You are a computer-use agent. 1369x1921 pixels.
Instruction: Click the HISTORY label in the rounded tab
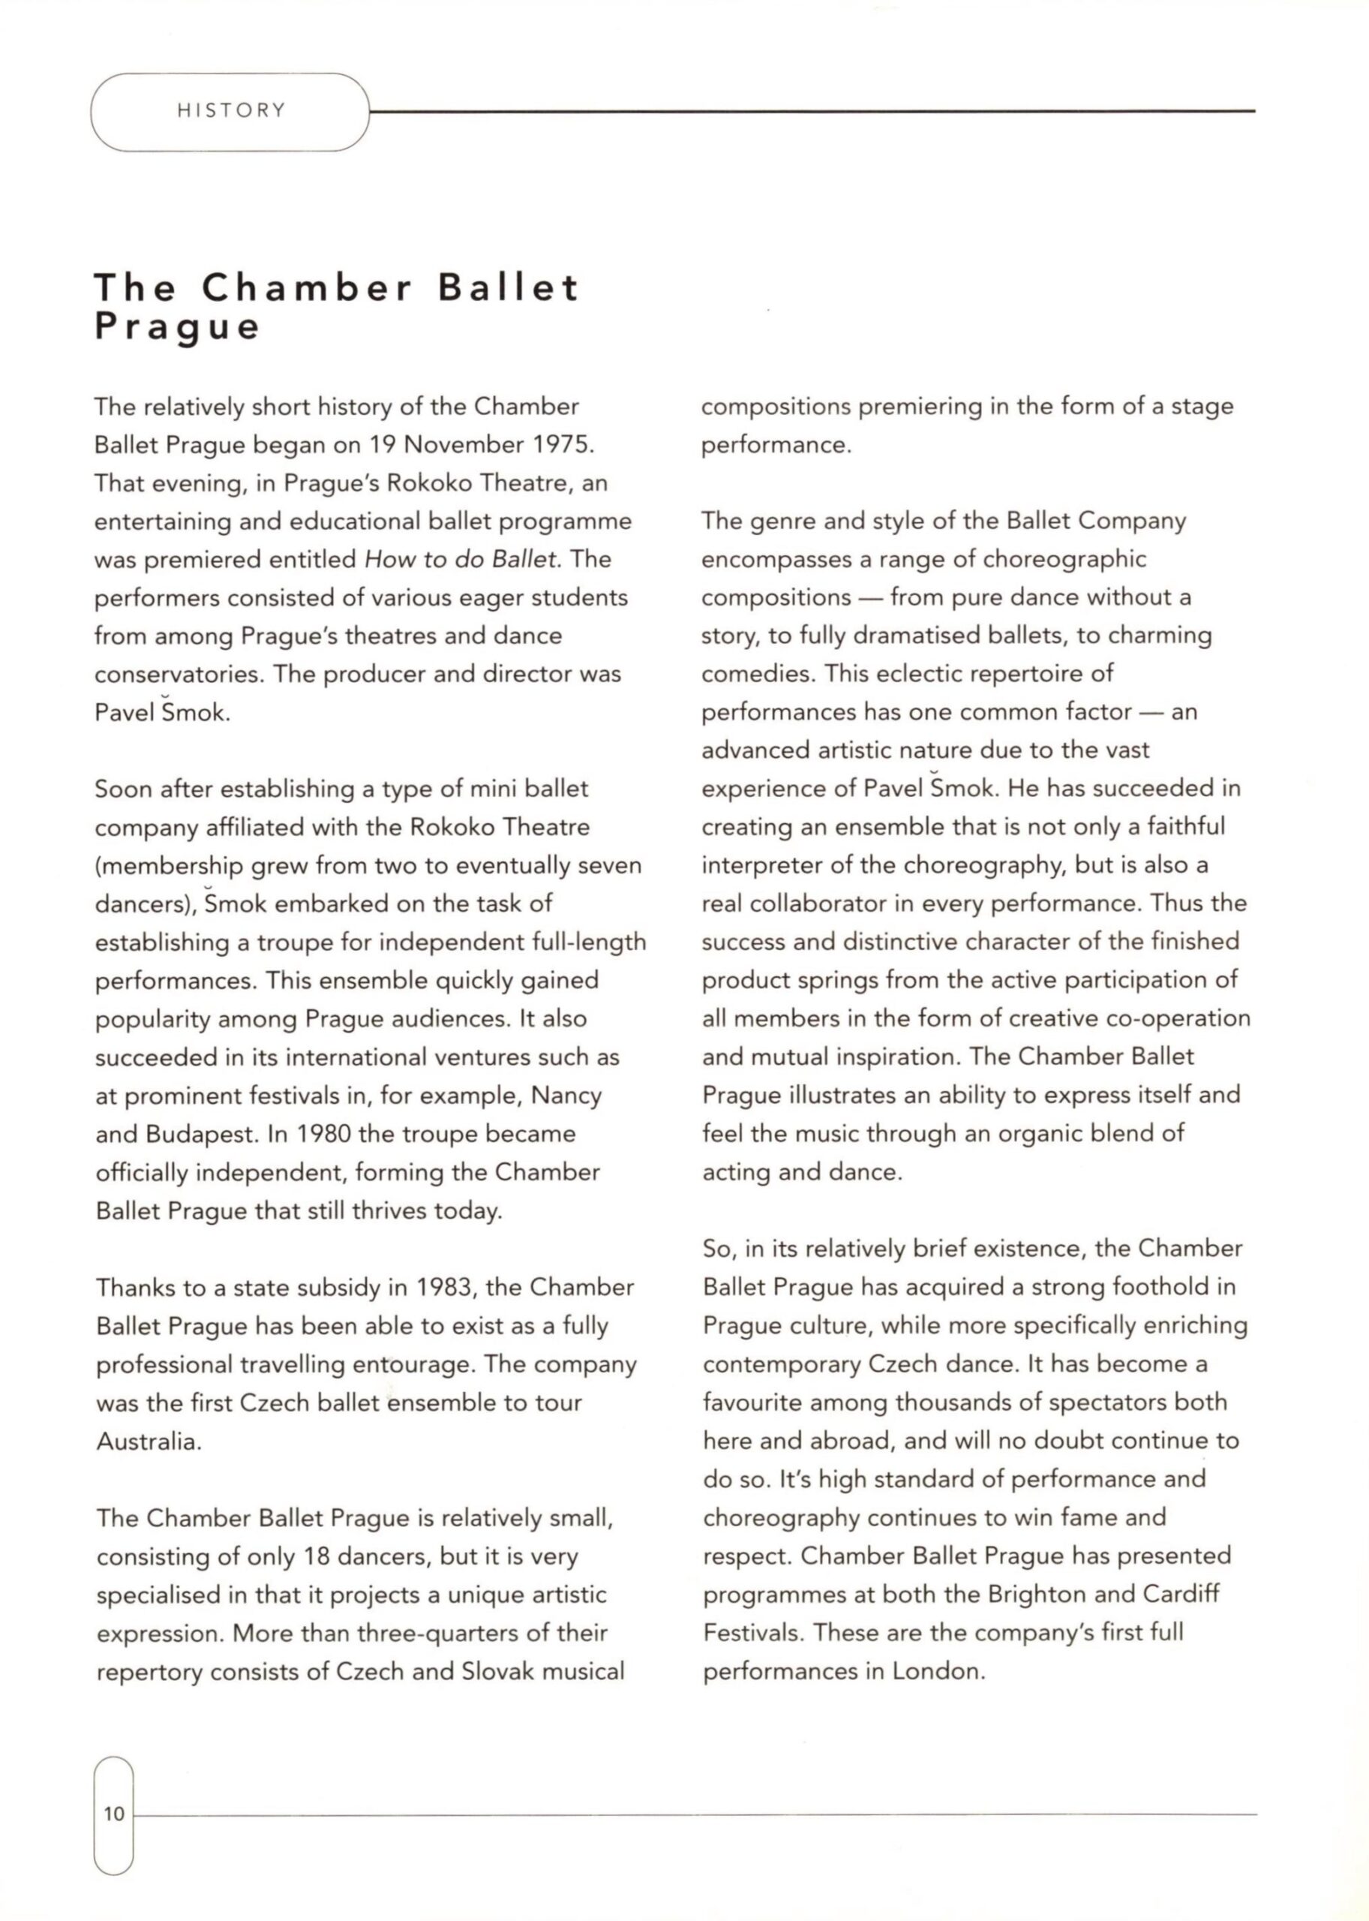pos(232,110)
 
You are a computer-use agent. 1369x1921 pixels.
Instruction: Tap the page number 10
pos(114,1813)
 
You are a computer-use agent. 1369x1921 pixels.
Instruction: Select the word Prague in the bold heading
pos(177,326)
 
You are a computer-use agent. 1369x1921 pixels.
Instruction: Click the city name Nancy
pos(566,1096)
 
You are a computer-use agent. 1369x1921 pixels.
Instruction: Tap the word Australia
pos(149,1442)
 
